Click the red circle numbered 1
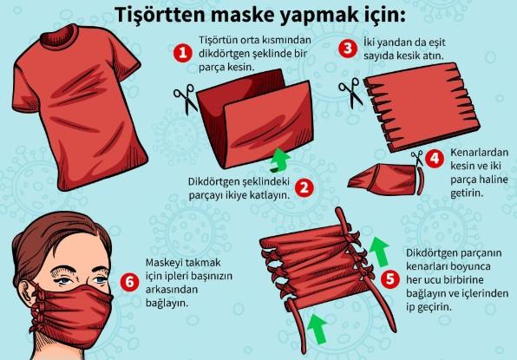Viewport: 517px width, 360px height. [183, 53]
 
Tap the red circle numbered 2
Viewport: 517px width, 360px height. [304, 188]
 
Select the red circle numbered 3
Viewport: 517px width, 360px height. [348, 49]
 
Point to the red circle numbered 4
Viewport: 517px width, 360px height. [435, 159]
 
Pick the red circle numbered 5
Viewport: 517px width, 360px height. [390, 279]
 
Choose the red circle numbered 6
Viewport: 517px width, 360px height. [129, 282]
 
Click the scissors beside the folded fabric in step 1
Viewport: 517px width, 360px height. [186, 99]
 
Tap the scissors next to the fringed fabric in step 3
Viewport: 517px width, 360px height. [350, 92]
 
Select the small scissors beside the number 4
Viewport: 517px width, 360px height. [417, 159]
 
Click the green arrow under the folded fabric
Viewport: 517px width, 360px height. [279, 160]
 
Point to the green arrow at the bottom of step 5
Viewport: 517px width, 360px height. [317, 329]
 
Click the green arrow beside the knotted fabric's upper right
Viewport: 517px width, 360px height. [379, 252]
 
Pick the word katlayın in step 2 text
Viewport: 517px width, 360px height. [270, 195]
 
